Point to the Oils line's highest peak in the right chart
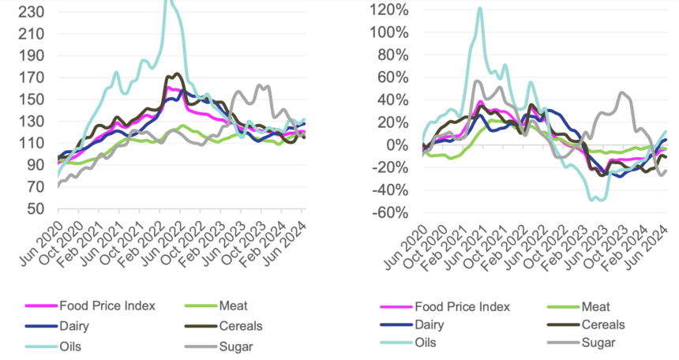[x=479, y=9]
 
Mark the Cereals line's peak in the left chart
[x=177, y=74]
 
